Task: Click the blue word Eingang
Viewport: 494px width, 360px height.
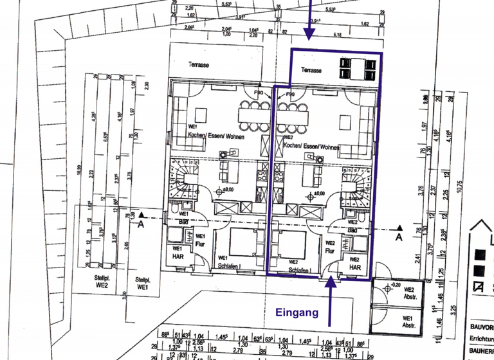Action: point(297,313)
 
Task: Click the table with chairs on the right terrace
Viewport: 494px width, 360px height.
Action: point(356,67)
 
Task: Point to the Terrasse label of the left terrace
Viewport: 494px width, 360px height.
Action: point(198,65)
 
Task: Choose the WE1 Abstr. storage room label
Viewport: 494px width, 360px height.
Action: point(407,321)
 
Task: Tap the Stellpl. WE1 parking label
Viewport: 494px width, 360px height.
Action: point(144,282)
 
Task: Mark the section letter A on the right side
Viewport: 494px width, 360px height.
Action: point(398,236)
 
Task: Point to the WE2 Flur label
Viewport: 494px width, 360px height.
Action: point(329,248)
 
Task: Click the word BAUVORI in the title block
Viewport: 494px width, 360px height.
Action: point(479,326)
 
